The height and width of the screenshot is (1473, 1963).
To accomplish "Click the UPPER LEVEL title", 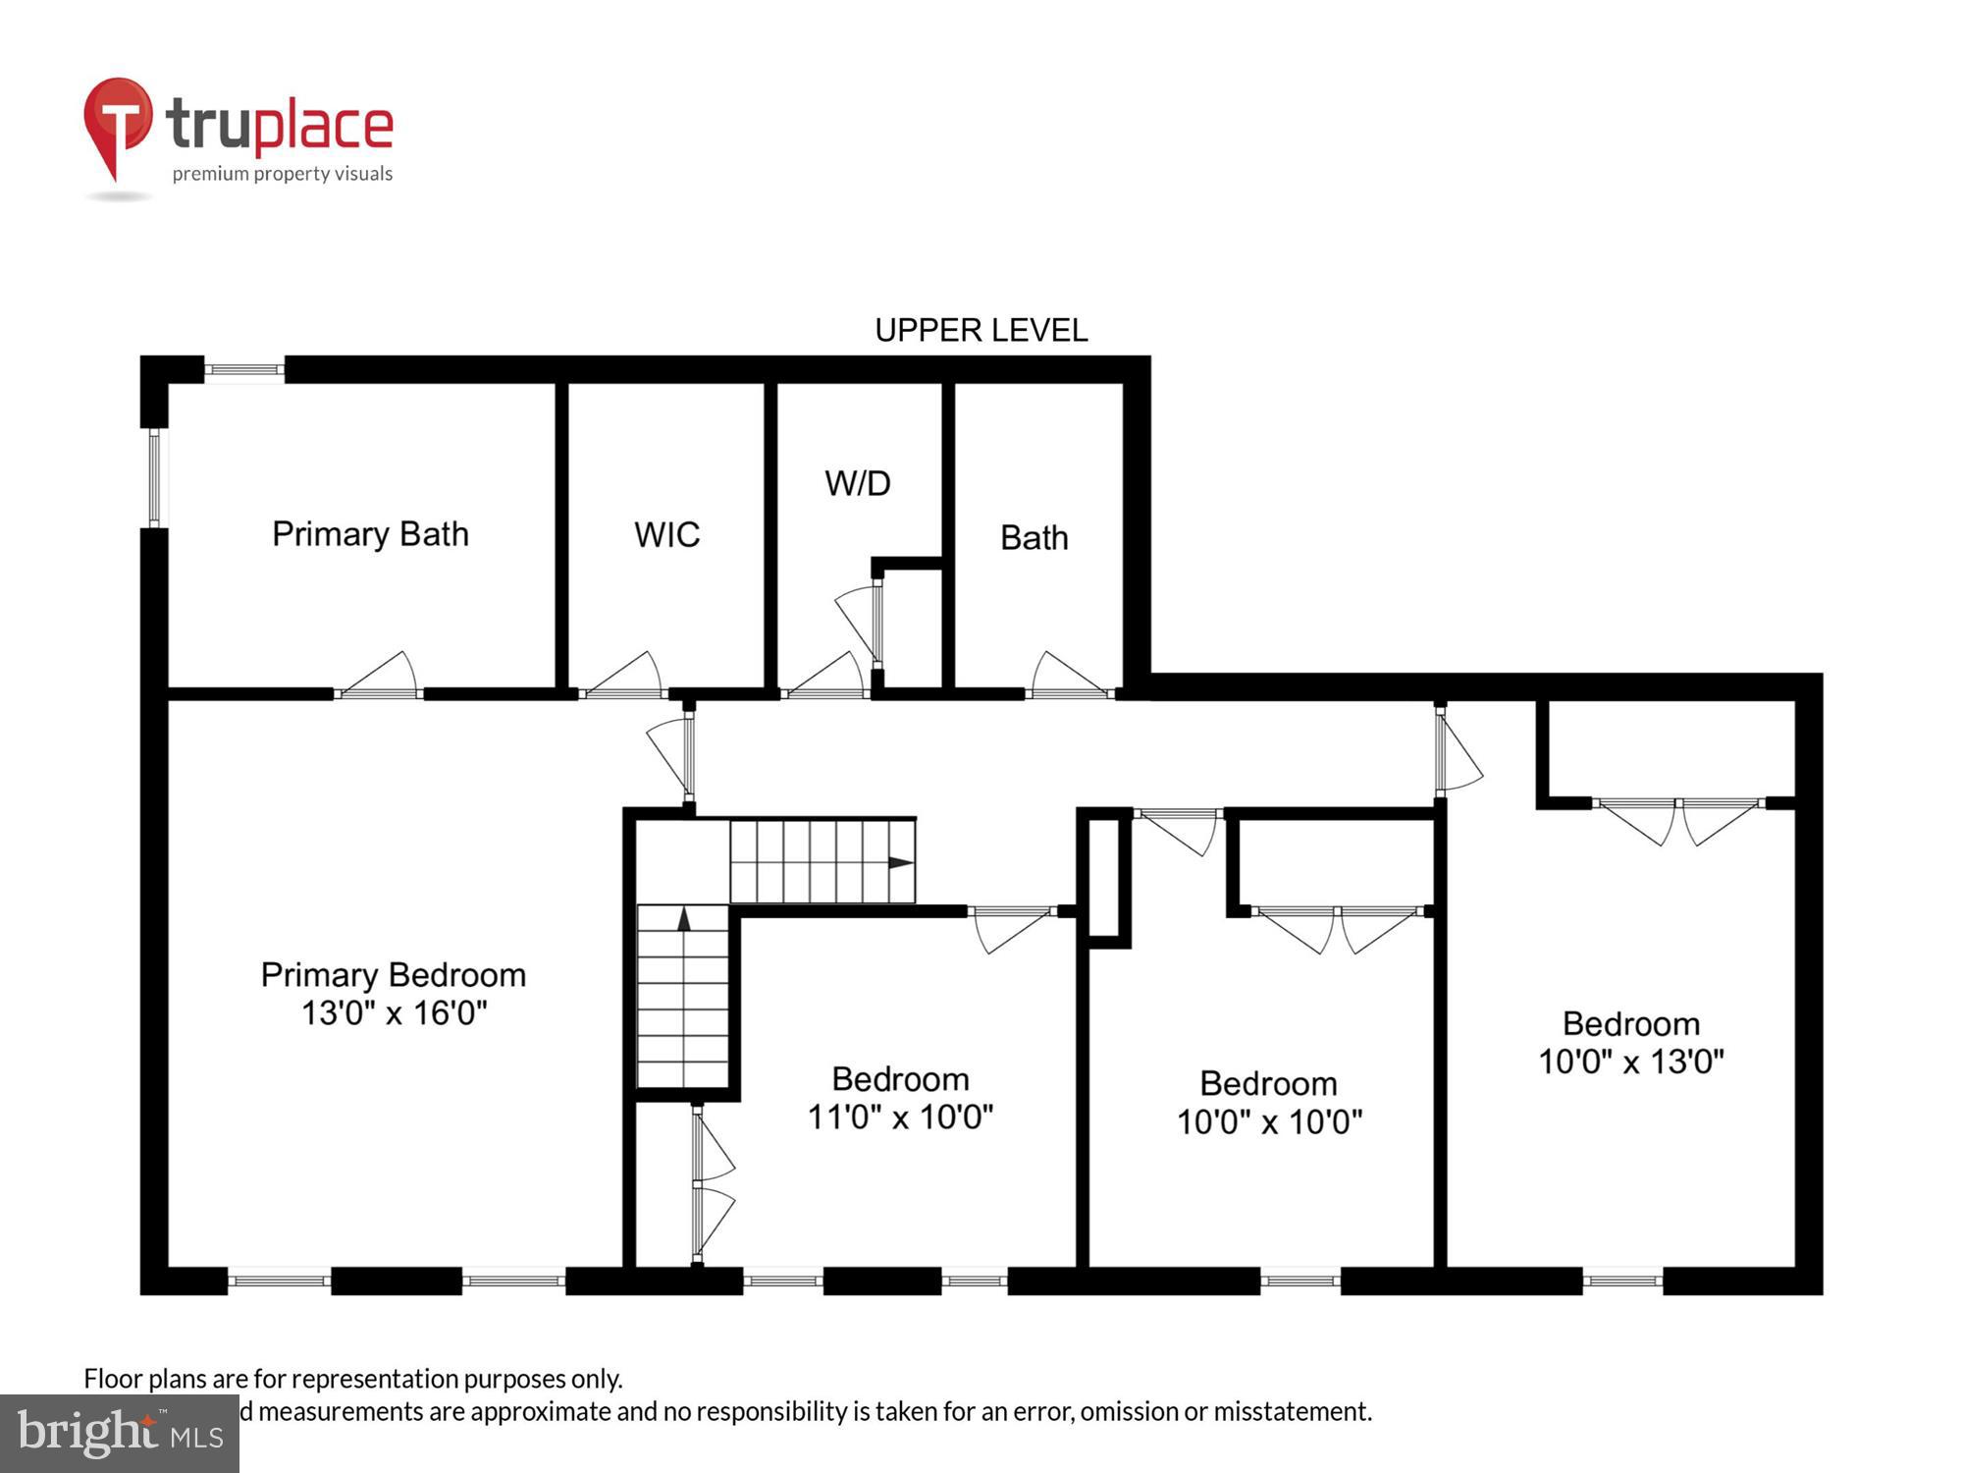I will (x=981, y=330).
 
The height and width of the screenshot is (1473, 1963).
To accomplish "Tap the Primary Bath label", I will (x=370, y=534).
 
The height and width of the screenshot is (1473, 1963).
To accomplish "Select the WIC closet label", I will (x=666, y=535).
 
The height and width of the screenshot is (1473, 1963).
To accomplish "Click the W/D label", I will (x=857, y=483).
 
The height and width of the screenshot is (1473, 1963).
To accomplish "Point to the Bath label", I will (x=1034, y=538).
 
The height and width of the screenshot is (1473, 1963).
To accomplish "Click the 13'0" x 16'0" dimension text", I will (x=394, y=1013).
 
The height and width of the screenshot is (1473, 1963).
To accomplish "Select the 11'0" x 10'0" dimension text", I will (x=900, y=1118).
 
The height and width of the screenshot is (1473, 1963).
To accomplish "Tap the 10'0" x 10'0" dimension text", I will (x=1269, y=1121).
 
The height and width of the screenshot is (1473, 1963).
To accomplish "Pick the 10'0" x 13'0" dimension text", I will (x=1630, y=1062).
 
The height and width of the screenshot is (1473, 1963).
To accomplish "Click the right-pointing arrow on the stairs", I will (x=900, y=863).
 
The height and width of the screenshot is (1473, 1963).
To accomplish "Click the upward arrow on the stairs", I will (x=684, y=919).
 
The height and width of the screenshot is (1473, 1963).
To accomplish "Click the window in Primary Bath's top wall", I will (x=244, y=370).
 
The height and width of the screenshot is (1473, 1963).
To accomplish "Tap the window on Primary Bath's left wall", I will (x=154, y=477).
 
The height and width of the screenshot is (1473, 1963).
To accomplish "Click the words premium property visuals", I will (x=283, y=174).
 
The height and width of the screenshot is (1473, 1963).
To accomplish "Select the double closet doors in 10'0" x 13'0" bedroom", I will (x=1677, y=820).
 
